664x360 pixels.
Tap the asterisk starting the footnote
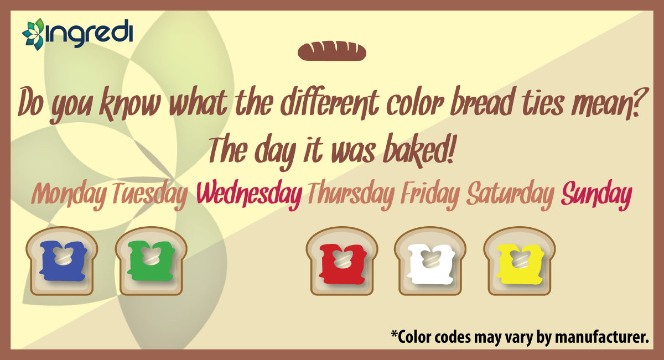coord(394,334)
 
